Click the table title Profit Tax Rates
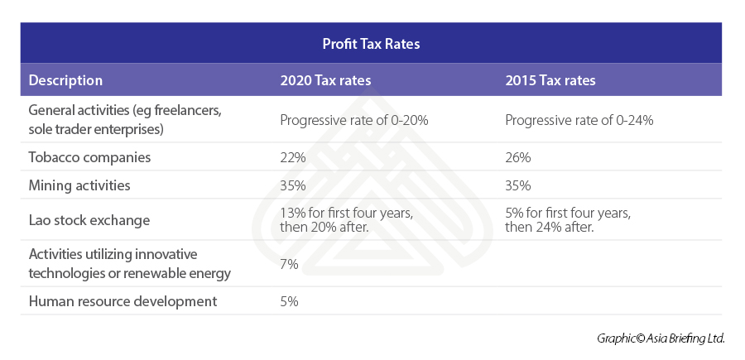(372, 44)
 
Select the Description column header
(65, 80)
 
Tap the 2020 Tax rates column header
(325, 80)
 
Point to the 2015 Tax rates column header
(550, 80)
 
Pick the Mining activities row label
(79, 185)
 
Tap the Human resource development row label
(123, 300)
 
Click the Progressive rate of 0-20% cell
(353, 120)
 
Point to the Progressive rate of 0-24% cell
(579, 120)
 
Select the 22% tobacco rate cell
(291, 156)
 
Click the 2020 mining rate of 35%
(291, 185)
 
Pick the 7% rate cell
(288, 264)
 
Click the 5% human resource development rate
(288, 300)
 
